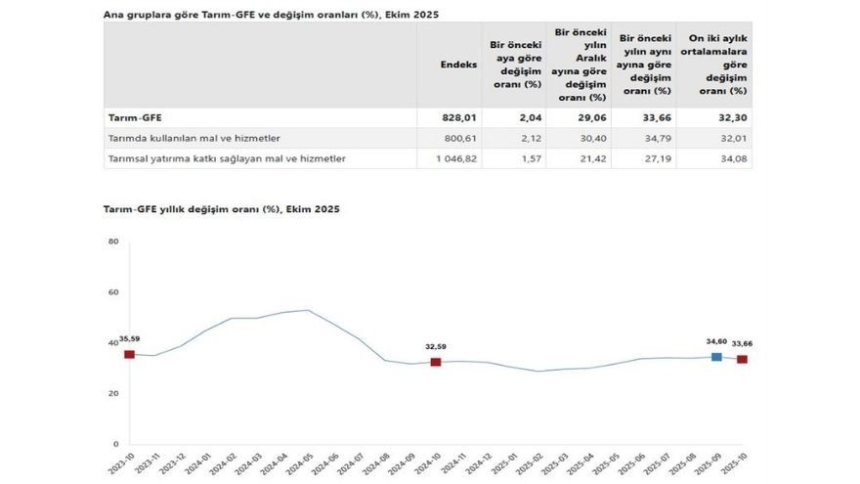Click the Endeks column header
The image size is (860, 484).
click(459, 65)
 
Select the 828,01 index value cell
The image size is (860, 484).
click(459, 117)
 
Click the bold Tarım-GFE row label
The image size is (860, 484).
click(130, 117)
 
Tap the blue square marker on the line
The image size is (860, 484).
click(716, 357)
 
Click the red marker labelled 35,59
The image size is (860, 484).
click(129, 354)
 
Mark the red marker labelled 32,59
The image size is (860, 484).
click(436, 362)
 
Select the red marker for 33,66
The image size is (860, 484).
click(742, 359)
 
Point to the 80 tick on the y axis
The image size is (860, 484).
click(113, 242)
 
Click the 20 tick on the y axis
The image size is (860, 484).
click(113, 393)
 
